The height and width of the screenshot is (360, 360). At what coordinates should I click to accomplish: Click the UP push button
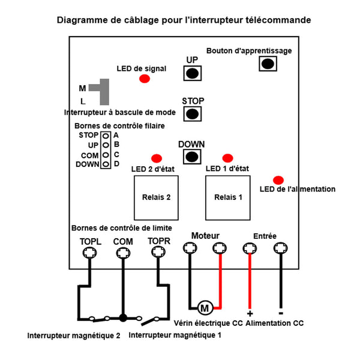click(x=193, y=73)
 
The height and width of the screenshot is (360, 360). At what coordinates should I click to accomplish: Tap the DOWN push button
click(x=192, y=157)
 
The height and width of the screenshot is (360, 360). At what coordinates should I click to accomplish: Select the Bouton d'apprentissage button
click(x=268, y=64)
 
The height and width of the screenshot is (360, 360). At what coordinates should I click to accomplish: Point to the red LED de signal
click(x=145, y=79)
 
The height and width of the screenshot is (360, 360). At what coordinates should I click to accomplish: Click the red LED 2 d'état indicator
click(x=157, y=158)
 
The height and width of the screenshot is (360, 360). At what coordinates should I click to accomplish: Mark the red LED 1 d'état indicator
click(x=228, y=158)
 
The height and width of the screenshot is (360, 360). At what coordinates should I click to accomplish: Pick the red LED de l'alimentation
click(x=278, y=180)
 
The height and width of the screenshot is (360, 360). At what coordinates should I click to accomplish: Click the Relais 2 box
click(x=156, y=197)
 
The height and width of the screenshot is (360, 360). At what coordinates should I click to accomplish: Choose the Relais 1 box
click(x=228, y=197)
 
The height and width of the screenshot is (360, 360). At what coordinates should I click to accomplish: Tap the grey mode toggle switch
click(x=104, y=92)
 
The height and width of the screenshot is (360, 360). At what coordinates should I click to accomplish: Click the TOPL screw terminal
click(x=89, y=253)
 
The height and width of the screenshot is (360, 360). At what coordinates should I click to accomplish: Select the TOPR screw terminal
click(x=158, y=251)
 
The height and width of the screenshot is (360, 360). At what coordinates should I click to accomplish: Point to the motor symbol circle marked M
click(x=205, y=308)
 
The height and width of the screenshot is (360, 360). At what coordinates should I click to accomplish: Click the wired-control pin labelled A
click(x=106, y=136)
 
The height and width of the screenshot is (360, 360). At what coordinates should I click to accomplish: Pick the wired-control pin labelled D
click(x=106, y=164)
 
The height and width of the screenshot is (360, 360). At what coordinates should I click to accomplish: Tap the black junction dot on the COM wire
click(x=123, y=318)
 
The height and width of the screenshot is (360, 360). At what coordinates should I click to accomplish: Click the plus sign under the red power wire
click(x=250, y=314)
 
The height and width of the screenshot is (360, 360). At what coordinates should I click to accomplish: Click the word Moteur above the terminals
click(x=205, y=236)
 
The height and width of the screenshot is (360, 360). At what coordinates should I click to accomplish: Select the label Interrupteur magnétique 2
click(x=74, y=335)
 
